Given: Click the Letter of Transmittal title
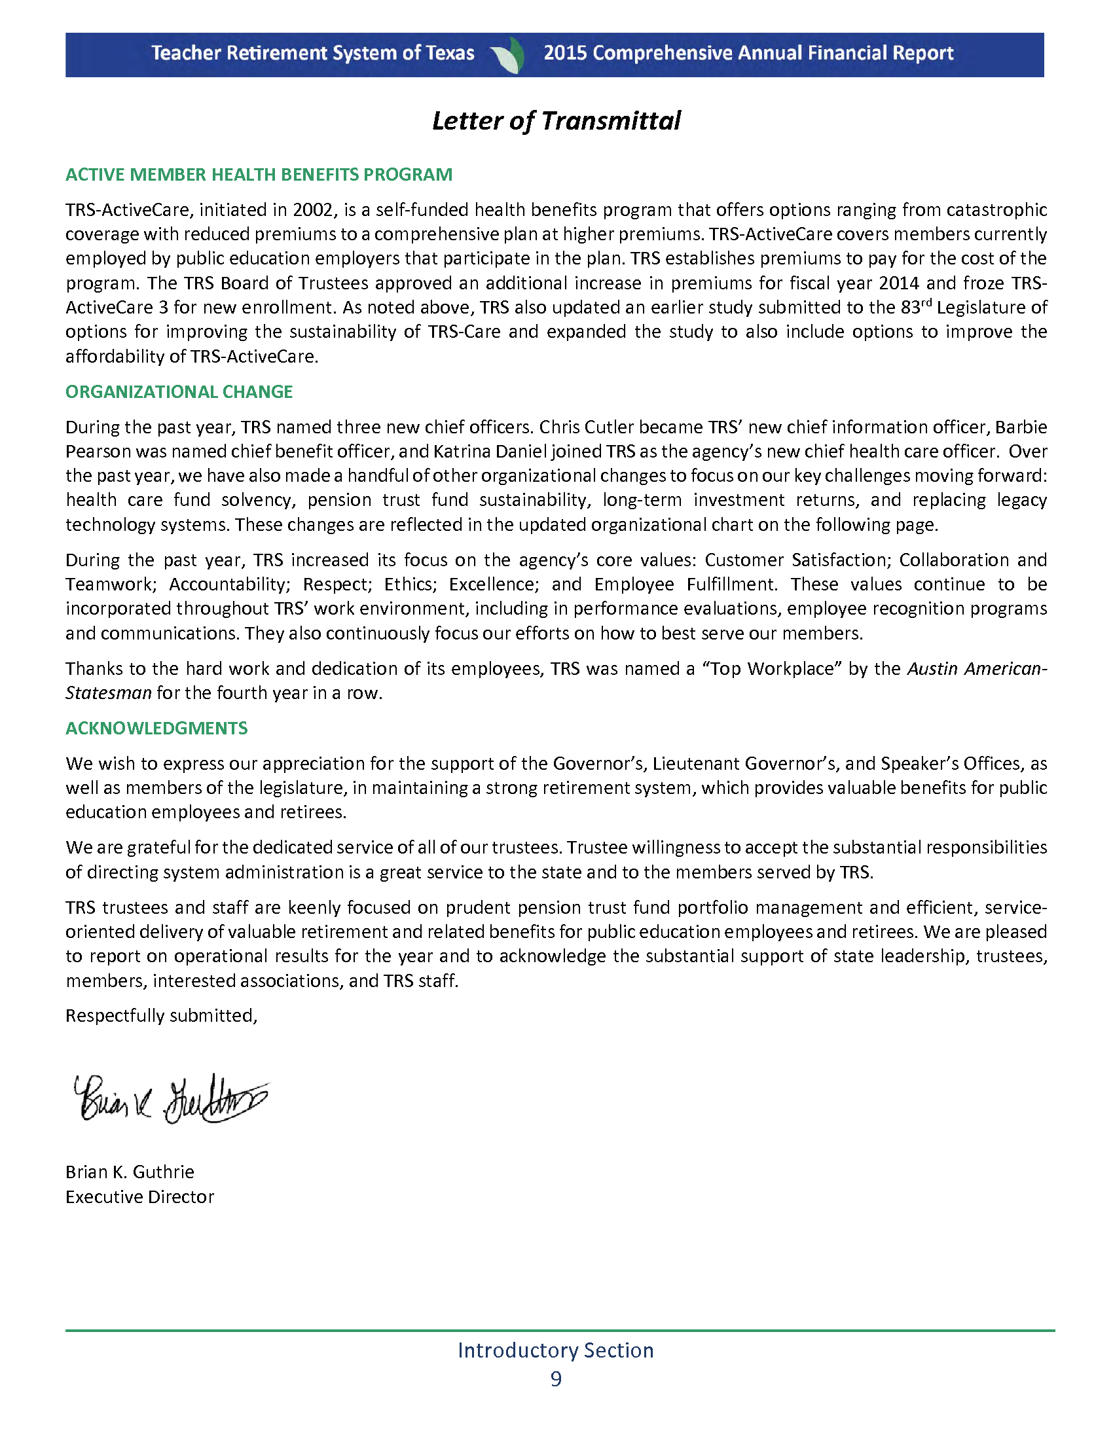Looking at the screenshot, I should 556,121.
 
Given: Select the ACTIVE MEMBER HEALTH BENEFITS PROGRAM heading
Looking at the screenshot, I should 259,175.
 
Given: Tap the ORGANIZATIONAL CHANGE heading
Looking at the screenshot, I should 179,391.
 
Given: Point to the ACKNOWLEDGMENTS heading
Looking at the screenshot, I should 156,728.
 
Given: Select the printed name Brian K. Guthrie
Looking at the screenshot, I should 130,1172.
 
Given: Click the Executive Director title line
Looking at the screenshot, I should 140,1197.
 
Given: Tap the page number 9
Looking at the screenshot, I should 556,1378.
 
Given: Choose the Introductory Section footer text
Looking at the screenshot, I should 556,1350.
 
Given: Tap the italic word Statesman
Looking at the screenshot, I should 109,693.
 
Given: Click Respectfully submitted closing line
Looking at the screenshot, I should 161,1015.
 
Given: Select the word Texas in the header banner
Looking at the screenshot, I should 450,54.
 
